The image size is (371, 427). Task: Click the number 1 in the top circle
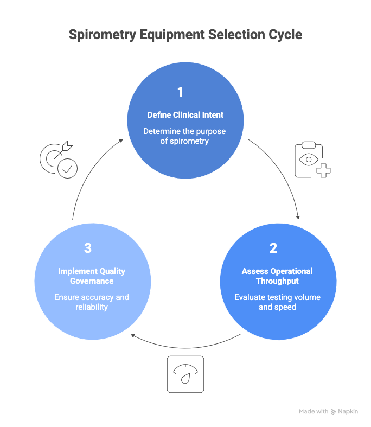(181, 92)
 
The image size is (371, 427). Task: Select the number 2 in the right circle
(273, 248)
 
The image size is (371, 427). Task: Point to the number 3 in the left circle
(88, 248)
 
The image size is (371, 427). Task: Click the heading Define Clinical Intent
(185, 115)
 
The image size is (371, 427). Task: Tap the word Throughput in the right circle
(277, 281)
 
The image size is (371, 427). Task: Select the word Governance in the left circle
(92, 281)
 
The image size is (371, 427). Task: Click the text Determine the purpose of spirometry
(184, 136)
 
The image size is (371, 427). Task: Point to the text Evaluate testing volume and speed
(277, 302)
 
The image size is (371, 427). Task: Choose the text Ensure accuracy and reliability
(92, 302)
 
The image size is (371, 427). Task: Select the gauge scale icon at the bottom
(185, 374)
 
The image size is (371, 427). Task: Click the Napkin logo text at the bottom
(348, 412)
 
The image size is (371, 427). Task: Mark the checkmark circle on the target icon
(68, 169)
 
